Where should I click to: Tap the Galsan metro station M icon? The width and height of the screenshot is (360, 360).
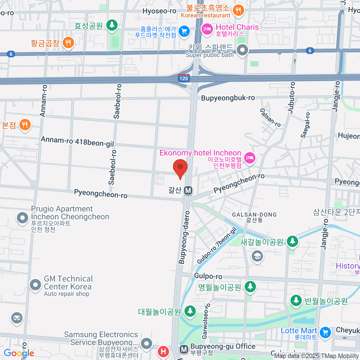[x=188, y=190]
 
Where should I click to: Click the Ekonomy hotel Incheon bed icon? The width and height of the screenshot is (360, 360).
[x=250, y=157]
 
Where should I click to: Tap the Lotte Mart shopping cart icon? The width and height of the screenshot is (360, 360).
[x=325, y=332]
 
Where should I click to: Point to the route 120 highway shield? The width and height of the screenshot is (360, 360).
[x=184, y=78]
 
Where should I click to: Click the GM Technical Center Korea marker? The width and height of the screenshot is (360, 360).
[x=35, y=285]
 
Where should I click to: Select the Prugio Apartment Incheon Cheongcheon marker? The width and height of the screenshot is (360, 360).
[x=22, y=218]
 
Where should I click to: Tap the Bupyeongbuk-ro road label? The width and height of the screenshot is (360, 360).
[x=228, y=98]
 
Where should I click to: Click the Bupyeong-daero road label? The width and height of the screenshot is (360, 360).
[x=184, y=237]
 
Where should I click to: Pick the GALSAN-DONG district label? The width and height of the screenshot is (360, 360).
[x=254, y=215]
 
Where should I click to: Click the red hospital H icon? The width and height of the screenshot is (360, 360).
[x=163, y=351]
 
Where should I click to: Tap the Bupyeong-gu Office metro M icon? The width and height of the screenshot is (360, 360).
[x=184, y=349]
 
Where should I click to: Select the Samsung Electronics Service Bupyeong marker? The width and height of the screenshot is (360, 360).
[x=146, y=343]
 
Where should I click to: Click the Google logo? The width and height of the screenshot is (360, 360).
[x=19, y=353]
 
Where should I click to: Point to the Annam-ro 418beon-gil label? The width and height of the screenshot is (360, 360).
[x=77, y=141]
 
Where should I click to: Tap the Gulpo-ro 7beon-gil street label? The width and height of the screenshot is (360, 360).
[x=217, y=246]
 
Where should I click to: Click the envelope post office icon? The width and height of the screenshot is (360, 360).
[x=17, y=318]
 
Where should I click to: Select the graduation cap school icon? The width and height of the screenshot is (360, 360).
[x=257, y=256]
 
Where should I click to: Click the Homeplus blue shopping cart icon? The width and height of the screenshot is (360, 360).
[x=184, y=31]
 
